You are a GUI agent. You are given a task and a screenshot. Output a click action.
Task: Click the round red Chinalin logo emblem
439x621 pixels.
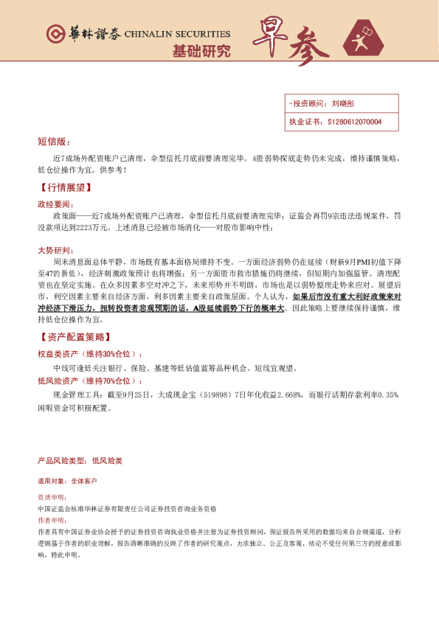point(55,34)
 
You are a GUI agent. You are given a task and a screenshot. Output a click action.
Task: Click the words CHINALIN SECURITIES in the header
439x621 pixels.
point(177,34)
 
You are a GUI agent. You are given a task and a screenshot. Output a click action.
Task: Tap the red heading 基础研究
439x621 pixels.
point(201,52)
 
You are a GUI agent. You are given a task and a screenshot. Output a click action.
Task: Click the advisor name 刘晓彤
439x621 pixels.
point(344,104)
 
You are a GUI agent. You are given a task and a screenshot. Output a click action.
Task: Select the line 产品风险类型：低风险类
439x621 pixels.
point(80,460)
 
